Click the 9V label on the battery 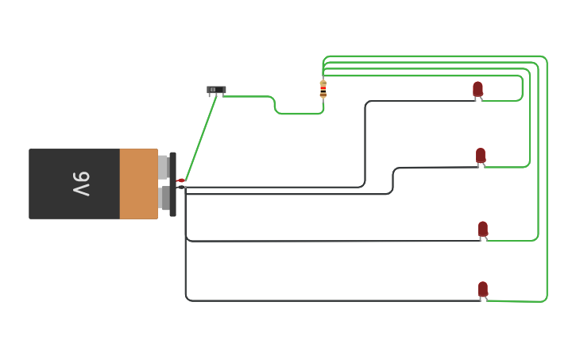(81, 184)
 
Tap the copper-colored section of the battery (138, 184)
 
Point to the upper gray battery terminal (163, 167)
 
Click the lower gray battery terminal (164, 198)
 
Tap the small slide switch (216, 90)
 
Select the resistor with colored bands (323, 89)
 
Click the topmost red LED (477, 89)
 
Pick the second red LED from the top (481, 155)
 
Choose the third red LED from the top (482, 229)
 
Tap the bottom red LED (482, 289)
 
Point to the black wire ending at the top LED (365, 143)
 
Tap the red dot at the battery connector (181, 180)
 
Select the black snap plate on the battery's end (172, 184)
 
